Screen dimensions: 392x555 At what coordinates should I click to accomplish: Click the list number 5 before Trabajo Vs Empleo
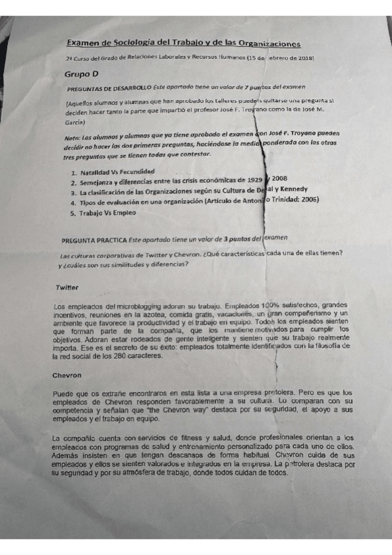[73, 213]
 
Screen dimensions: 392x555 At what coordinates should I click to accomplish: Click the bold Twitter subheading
[67, 287]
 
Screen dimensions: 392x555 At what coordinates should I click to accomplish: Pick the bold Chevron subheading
[68, 376]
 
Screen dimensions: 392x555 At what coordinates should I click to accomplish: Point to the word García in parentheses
[75, 122]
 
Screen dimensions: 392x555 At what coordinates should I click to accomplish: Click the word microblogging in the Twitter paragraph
[128, 305]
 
